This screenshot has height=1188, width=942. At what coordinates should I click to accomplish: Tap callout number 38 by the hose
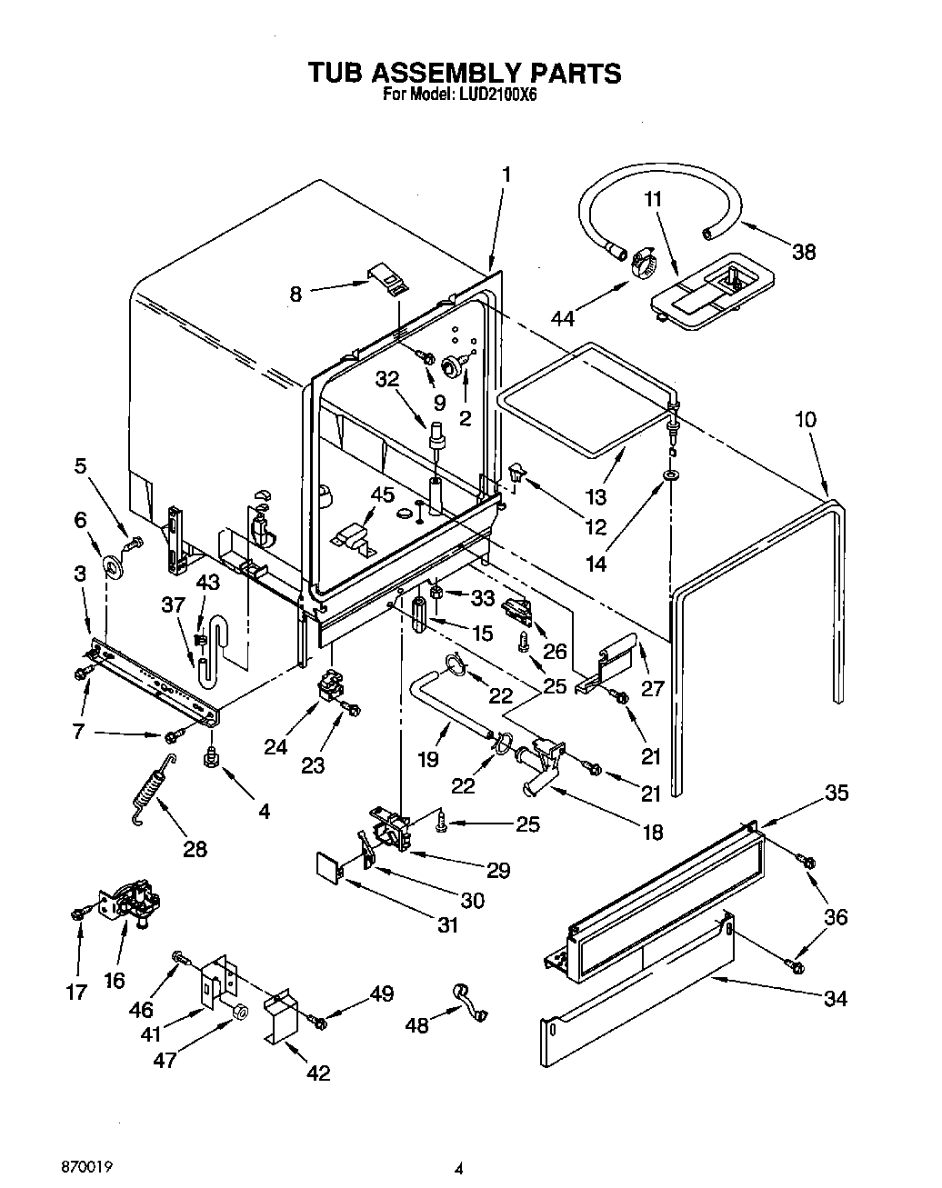click(x=804, y=252)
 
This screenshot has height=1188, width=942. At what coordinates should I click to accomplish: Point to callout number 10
click(x=806, y=420)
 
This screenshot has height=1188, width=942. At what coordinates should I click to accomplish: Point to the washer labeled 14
click(x=670, y=475)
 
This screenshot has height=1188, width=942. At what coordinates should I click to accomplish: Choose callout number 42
click(x=317, y=1073)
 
